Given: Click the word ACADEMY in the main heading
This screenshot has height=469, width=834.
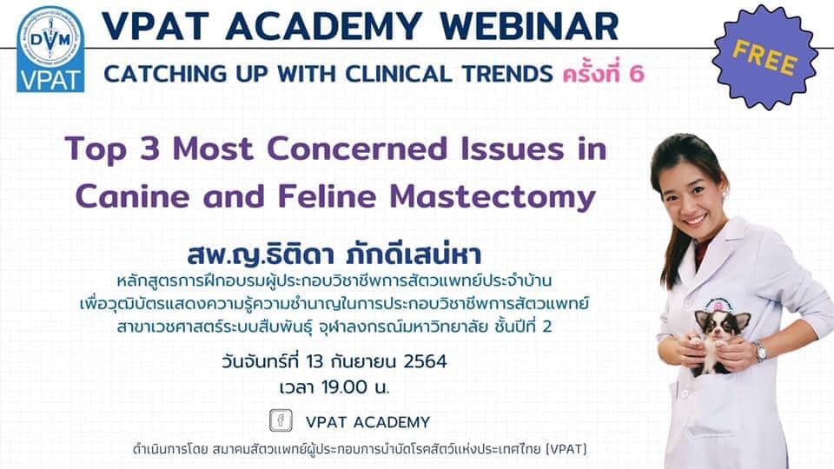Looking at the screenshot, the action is tap(324, 25).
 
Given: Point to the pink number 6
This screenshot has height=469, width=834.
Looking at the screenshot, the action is tap(636, 74).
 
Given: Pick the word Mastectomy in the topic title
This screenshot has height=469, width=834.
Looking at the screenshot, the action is tap(493, 197).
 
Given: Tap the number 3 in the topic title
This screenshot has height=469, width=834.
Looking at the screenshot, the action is tap(150, 149).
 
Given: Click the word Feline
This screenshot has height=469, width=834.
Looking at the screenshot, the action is tap(325, 196).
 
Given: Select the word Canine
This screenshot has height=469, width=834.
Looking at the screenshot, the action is tap(132, 196).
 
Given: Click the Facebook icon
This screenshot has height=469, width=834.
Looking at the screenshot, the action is tap(281, 420).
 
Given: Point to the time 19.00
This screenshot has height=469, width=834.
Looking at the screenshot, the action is tap(345, 387).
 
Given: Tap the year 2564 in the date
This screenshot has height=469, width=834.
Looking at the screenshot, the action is tap(425, 361).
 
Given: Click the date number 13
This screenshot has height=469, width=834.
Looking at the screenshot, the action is tap(314, 361).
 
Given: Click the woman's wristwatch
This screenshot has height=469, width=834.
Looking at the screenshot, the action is tap(759, 352).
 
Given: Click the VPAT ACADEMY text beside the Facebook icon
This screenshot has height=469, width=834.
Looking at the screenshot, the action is tap(367, 422).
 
